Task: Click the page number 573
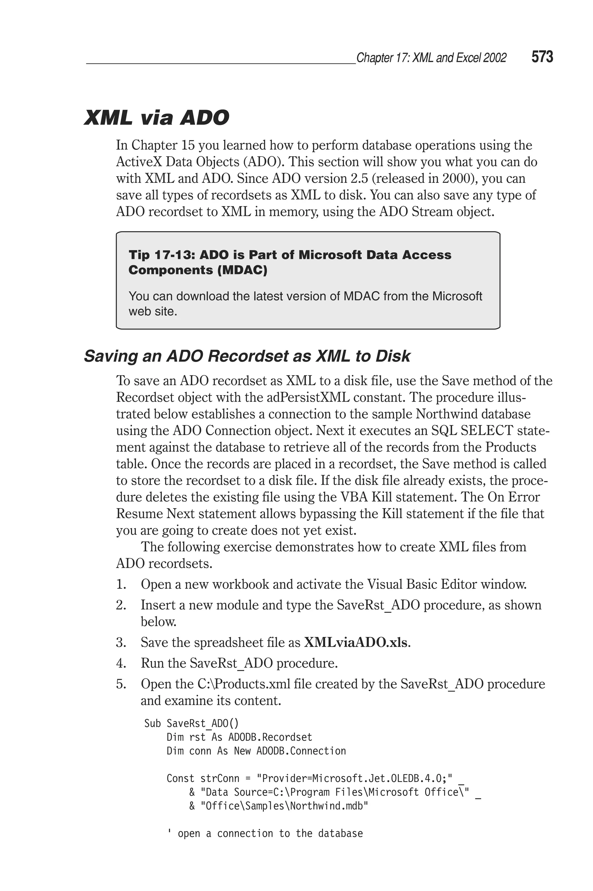(x=542, y=57)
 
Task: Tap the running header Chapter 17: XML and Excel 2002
(x=431, y=58)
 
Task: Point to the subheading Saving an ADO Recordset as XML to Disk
(x=247, y=356)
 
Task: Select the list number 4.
(x=121, y=663)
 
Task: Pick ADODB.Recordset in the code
(x=270, y=737)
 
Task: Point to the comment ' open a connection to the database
(x=265, y=834)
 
